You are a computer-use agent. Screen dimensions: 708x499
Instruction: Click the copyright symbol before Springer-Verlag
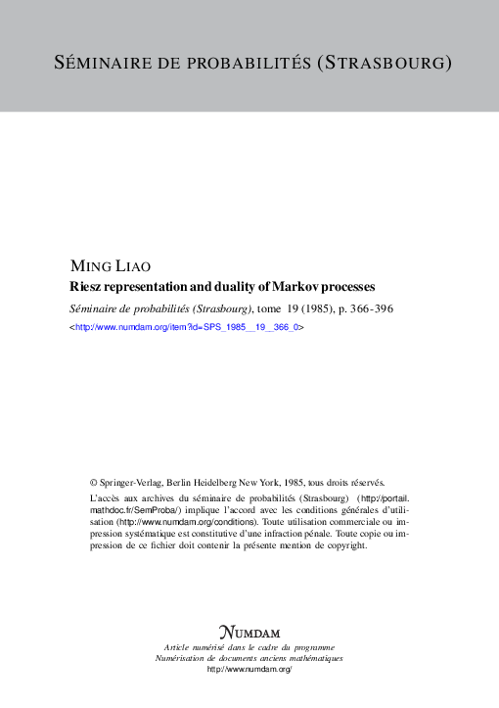pos(94,482)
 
